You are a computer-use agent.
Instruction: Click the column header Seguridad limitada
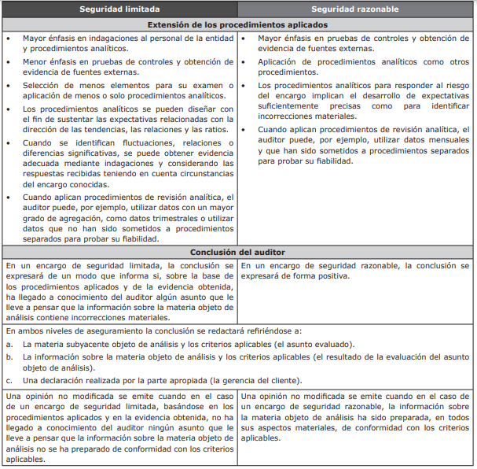click(119, 9)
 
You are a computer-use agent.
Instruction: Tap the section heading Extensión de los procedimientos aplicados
click(237, 24)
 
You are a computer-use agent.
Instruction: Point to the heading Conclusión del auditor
click(237, 252)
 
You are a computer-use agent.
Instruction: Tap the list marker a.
click(9, 344)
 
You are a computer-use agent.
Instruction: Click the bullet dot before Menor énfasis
click(9, 61)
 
